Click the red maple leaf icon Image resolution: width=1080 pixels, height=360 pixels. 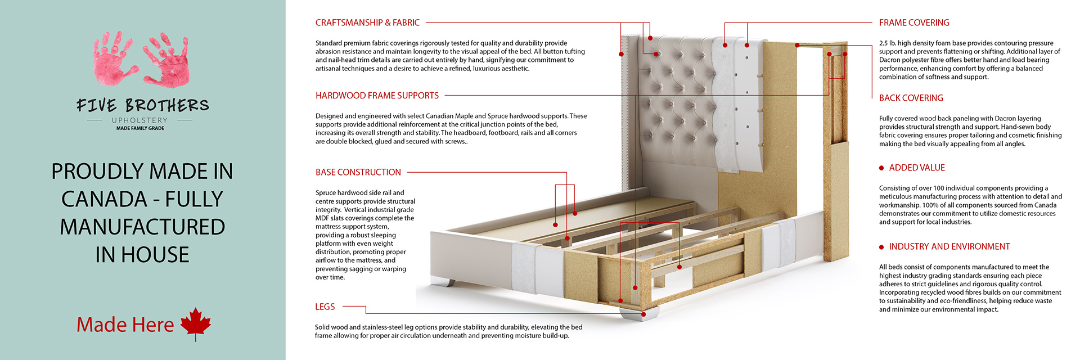click(x=196, y=324)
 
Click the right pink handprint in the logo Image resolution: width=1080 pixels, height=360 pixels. click(x=167, y=60)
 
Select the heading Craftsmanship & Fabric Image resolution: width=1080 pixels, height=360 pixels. click(x=367, y=22)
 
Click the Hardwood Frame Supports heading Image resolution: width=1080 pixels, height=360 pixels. click(x=377, y=96)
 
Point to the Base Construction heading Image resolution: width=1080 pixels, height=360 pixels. click(x=358, y=172)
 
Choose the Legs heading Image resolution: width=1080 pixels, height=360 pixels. click(x=325, y=307)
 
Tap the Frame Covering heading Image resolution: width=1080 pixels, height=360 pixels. click(x=914, y=22)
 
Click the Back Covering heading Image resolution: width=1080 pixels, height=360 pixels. click(x=911, y=98)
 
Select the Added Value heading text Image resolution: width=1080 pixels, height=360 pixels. click(x=917, y=168)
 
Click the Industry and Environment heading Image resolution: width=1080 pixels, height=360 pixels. click(x=949, y=246)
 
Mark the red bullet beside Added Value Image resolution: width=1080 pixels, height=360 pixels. click(x=881, y=168)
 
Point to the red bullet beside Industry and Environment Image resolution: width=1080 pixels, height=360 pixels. click(x=881, y=247)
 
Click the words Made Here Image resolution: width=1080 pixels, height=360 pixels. click(x=125, y=325)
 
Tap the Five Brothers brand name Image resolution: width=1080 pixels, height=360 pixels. click(x=143, y=105)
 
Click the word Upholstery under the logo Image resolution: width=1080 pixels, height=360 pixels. click(x=139, y=120)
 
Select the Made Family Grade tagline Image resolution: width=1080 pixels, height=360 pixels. click(x=140, y=128)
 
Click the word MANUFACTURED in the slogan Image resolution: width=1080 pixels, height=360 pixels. click(x=142, y=227)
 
